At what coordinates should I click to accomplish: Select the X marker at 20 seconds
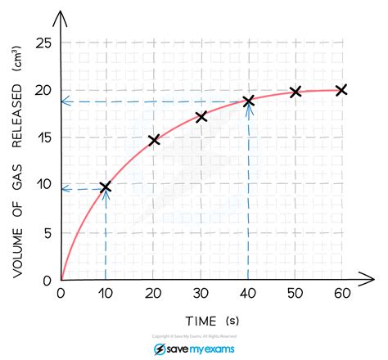(x=154, y=140)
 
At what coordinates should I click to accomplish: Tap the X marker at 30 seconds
(x=201, y=117)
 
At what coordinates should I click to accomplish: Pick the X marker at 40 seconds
(x=249, y=101)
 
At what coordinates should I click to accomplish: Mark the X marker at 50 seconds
(x=296, y=92)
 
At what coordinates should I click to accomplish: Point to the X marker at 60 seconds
(x=341, y=89)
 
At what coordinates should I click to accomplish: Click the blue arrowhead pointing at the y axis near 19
(x=65, y=101)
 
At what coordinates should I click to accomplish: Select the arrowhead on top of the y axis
(x=61, y=14)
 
